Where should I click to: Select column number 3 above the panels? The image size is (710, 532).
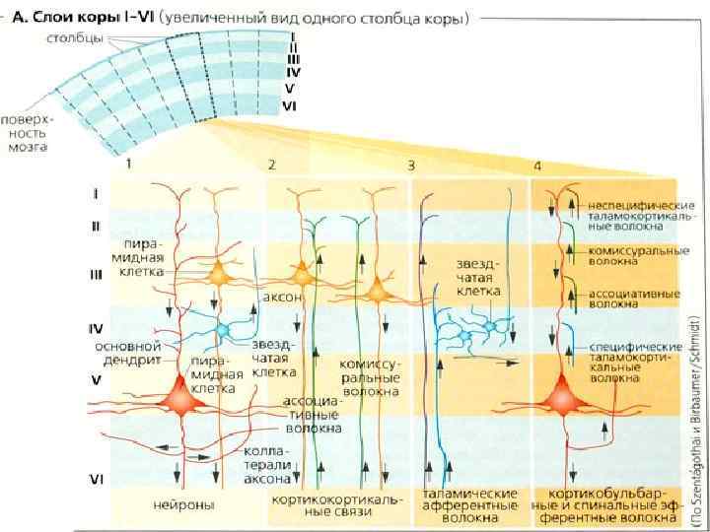(x=411, y=165)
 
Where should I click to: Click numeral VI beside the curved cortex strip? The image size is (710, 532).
(x=290, y=104)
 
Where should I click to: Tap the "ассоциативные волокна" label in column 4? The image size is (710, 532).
(x=626, y=299)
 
